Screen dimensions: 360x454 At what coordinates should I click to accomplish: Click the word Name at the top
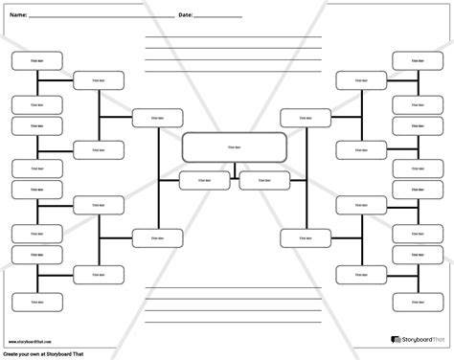coord(17,16)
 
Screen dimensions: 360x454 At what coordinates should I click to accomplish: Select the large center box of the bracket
coord(234,147)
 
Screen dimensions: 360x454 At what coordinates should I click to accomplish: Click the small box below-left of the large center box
coord(202,180)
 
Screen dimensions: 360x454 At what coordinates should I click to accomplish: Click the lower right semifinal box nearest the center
coord(299,236)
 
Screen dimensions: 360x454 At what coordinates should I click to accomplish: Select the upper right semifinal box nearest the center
coord(299,117)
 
